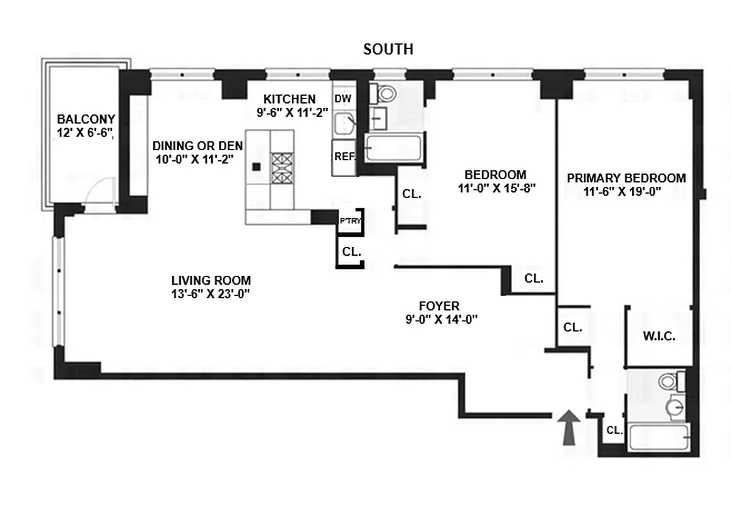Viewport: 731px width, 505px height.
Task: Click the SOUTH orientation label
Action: (388, 49)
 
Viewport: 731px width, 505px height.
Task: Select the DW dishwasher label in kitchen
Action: (342, 98)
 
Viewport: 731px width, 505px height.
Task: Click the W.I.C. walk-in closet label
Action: (660, 336)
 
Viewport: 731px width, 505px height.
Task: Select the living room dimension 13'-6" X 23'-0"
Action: (211, 293)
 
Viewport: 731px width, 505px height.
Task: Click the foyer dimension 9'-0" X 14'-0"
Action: (442, 319)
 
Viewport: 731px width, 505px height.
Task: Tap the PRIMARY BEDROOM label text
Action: (626, 178)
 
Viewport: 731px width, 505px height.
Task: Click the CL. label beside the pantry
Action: (351, 251)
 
